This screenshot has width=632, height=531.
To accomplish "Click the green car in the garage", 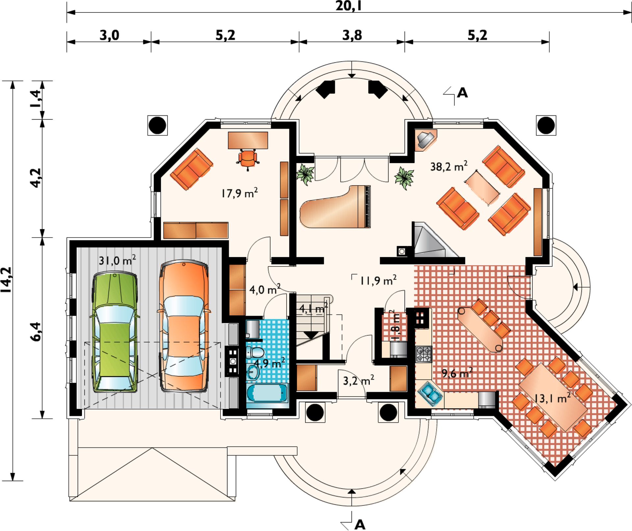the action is (114, 332).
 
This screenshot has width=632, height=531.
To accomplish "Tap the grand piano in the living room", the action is (335, 207).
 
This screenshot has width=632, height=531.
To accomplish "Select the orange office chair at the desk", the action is (248, 159).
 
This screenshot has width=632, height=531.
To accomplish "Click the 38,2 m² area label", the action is (449, 166).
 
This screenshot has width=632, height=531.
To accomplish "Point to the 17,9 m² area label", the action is (239, 193).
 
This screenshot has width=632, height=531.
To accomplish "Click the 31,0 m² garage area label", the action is (117, 260).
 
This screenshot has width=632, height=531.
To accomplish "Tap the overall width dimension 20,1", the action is (349, 6).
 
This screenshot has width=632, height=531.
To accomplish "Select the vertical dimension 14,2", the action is (7, 280).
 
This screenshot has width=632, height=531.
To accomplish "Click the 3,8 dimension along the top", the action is (352, 35).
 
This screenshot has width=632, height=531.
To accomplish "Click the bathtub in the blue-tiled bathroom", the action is (267, 393).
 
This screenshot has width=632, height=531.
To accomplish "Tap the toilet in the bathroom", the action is (255, 353).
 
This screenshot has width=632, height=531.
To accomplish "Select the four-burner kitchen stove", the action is (423, 354).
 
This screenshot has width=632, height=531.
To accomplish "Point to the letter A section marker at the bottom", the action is (360, 524).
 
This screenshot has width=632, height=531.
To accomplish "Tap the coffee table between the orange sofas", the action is (483, 187).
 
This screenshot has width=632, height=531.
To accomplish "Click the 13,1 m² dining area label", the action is (552, 398).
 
